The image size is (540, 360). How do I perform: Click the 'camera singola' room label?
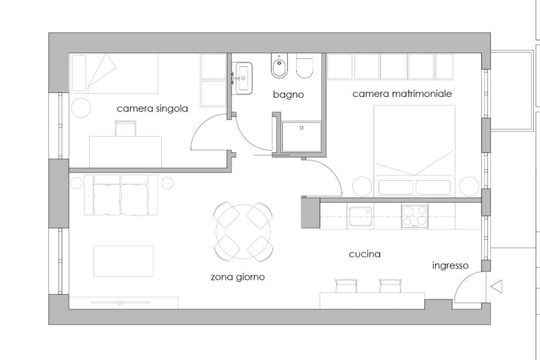[152, 109]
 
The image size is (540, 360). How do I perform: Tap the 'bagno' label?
[288, 95]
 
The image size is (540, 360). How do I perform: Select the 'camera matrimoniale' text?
[402, 94]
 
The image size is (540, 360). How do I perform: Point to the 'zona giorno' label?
[238, 277]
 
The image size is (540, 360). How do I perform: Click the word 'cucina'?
[364, 254]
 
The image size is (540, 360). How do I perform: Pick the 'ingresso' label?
[450, 266]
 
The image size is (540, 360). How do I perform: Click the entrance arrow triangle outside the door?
[496, 287]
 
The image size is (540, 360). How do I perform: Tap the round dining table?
[243, 232]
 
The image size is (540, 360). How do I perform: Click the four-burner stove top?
[414, 216]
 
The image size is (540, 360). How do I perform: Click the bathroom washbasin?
[244, 77]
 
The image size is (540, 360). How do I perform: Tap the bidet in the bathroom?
[278, 66]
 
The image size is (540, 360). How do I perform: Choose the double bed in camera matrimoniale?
[414, 150]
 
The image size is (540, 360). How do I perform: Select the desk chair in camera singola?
[126, 128]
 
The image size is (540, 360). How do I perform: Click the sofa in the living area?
[121, 195]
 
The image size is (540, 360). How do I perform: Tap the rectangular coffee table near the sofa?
[123, 260]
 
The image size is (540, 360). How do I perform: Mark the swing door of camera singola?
[208, 134]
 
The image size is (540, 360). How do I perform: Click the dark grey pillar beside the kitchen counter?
[310, 212]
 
